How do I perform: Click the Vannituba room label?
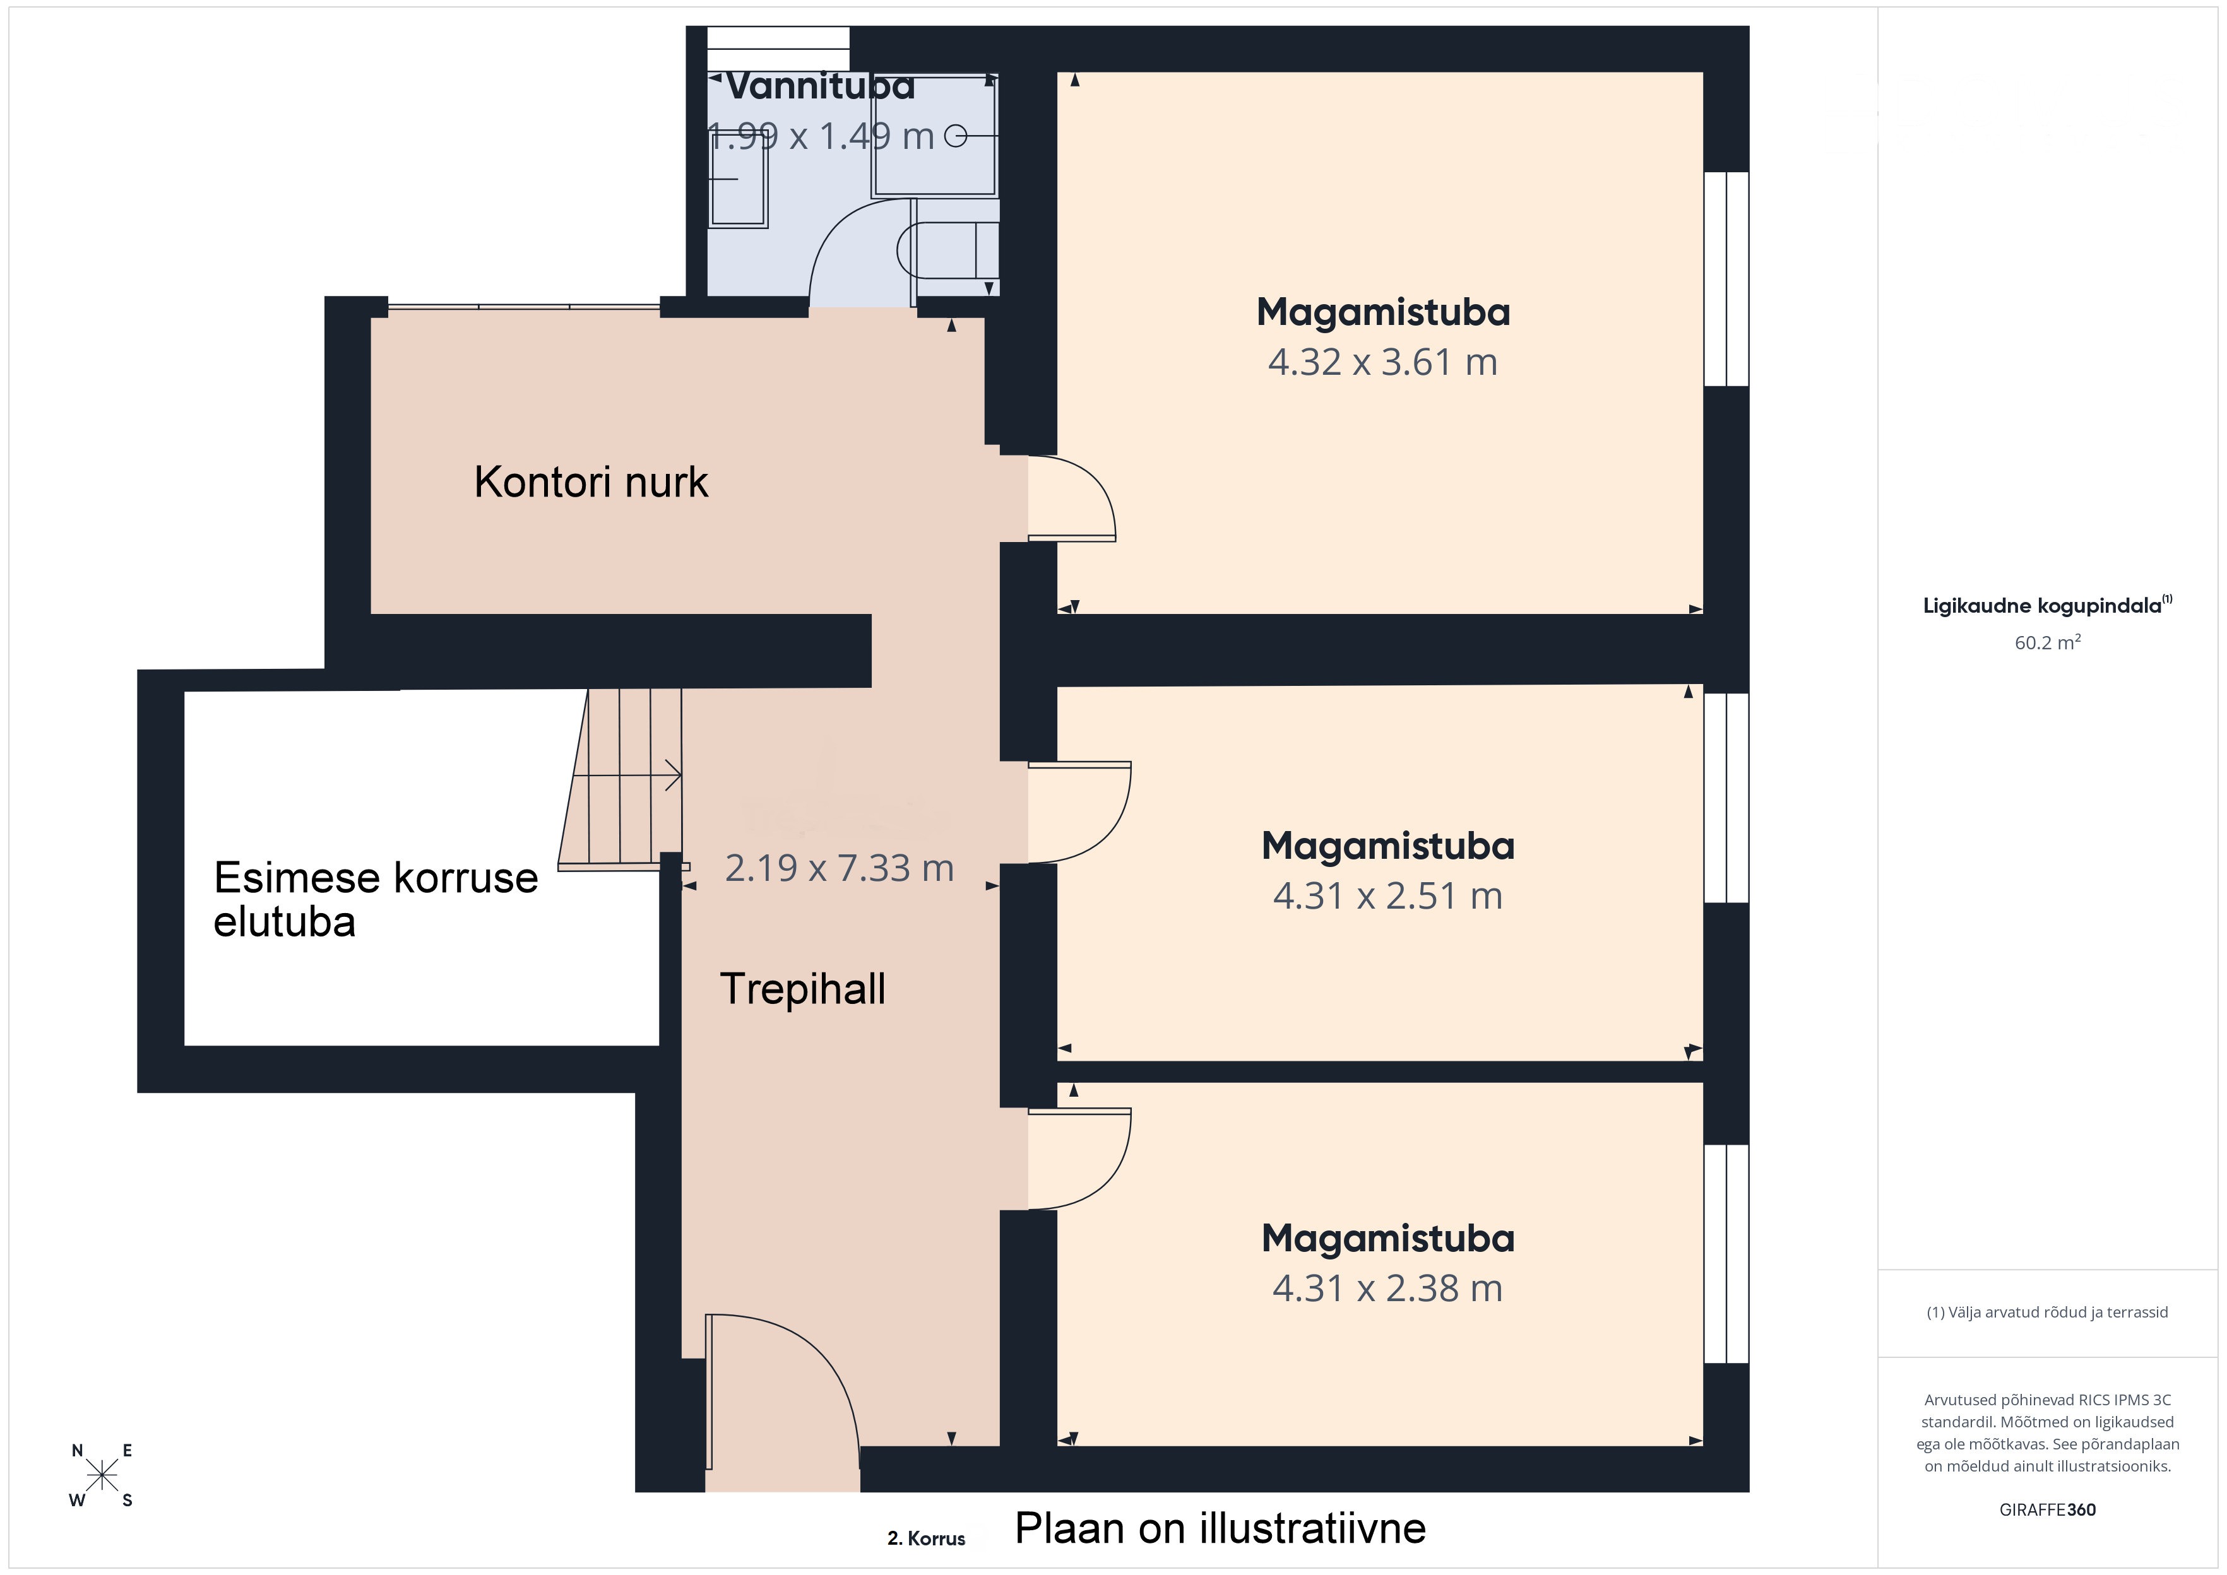[821, 86]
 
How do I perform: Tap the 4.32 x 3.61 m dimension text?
[1383, 362]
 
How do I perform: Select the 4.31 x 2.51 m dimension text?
[1388, 896]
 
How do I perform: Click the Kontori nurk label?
[591, 482]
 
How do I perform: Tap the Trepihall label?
[802, 989]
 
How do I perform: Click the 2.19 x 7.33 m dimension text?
[840, 868]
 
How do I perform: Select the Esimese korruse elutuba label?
[376, 899]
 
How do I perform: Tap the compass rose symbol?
[102, 1476]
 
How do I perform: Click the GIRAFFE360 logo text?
[2048, 1510]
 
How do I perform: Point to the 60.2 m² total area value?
[2048, 643]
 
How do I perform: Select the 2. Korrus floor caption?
[926, 1538]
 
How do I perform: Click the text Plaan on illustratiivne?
[1220, 1528]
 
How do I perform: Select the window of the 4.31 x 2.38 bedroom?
[1726, 1254]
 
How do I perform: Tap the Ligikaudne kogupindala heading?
[2048, 605]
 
